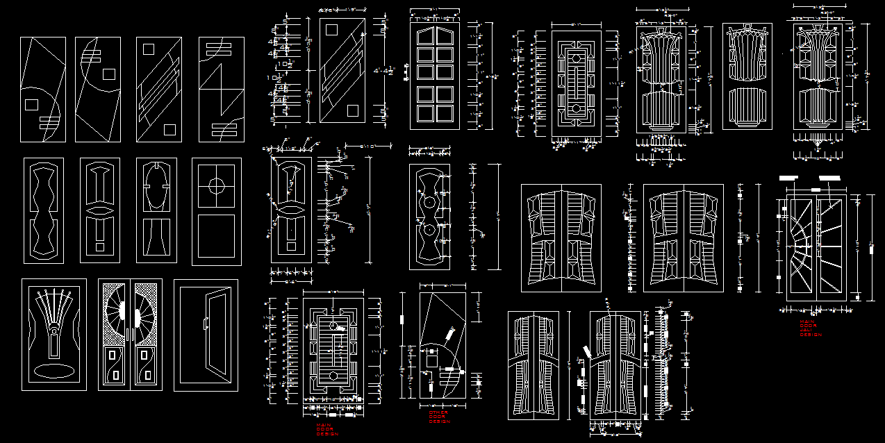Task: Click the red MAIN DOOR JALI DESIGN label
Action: [810, 328]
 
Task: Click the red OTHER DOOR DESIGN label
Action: [438, 417]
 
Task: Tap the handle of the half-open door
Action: [205, 324]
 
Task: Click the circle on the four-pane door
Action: [217, 185]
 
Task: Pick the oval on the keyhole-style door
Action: [156, 189]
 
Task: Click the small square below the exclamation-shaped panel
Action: [100, 246]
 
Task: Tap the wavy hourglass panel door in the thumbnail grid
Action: [44, 210]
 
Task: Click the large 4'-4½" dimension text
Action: [383, 71]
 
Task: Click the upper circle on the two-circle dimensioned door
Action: [429, 202]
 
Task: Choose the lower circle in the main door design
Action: [333, 376]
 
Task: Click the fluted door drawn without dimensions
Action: [747, 76]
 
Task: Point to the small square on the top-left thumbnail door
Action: [31, 104]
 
